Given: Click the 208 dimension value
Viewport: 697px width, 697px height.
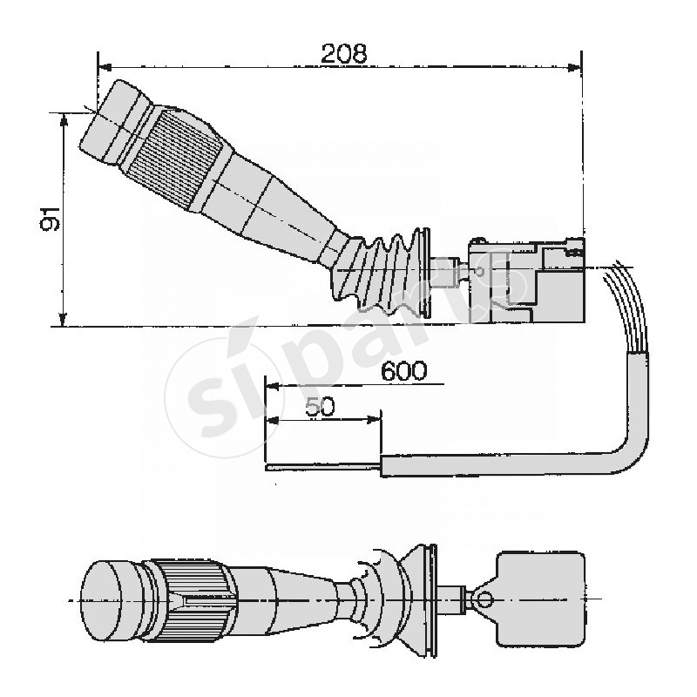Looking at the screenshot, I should pyautogui.click(x=343, y=53).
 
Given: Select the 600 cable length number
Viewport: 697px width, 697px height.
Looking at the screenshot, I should pyautogui.click(x=403, y=371).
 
